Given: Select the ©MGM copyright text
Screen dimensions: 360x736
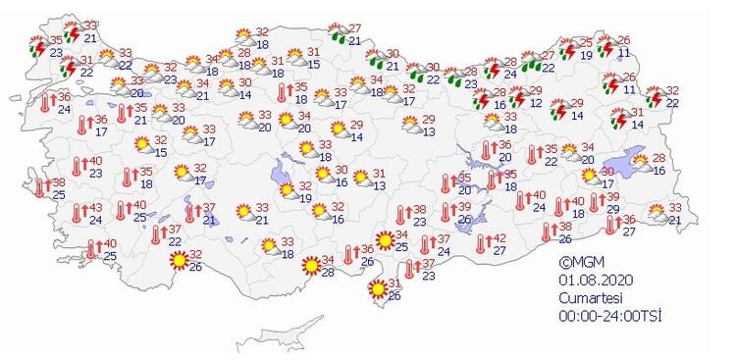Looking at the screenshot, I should pyautogui.click(x=580, y=262).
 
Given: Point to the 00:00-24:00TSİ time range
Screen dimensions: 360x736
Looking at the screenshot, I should pyautogui.click(x=608, y=312).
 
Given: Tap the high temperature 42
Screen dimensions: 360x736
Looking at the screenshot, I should pyautogui.click(x=499, y=238).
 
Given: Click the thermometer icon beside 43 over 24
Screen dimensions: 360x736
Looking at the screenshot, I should pyautogui.click(x=78, y=214).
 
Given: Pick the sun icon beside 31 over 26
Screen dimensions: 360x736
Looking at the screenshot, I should pyautogui.click(x=377, y=289).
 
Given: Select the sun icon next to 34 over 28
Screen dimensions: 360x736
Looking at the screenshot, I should pyautogui.click(x=310, y=265).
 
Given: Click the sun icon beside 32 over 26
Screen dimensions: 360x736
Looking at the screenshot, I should pyautogui.click(x=180, y=260).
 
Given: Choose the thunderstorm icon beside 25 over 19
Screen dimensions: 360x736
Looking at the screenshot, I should pyautogui.click(x=568, y=49).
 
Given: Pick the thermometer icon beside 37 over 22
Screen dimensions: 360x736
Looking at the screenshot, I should pyautogui.click(x=157, y=234).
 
